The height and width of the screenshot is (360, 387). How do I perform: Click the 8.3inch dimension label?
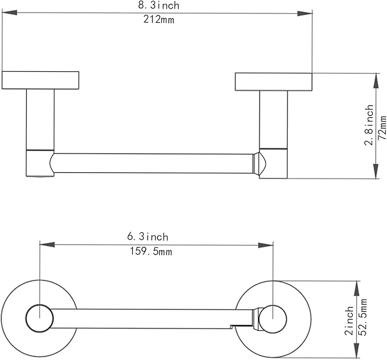click(x=158, y=5)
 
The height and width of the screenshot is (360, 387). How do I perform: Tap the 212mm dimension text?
click(x=158, y=19)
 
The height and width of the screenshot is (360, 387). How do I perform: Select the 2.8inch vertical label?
click(x=369, y=125)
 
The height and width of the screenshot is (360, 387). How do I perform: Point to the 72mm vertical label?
click(x=382, y=128)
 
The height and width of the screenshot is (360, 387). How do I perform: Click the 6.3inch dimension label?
click(x=148, y=237)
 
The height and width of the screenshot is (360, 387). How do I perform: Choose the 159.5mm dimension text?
click(x=151, y=251)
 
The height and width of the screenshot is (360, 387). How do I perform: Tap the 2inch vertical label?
click(x=349, y=321)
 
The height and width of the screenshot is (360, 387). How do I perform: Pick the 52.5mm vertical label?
click(x=362, y=317)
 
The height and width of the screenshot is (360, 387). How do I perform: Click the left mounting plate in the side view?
click(x=40, y=80)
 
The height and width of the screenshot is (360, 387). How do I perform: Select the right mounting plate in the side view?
click(x=274, y=82)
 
